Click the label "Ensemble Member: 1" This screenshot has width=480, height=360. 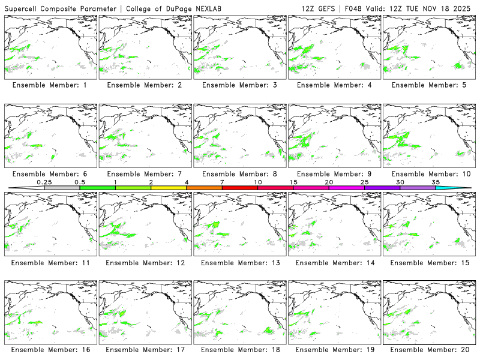pos(50,85)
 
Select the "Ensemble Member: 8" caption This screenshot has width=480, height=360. pos(239,174)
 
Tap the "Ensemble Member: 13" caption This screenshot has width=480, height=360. pos(239,263)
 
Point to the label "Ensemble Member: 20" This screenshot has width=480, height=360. pos(429,350)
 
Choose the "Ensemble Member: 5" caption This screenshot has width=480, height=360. pos(429,85)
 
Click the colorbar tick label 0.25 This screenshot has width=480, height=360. pos(44,182)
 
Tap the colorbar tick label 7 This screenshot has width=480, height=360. pos(222,182)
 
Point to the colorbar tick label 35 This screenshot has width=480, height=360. pos(436,182)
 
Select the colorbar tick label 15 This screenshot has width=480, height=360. pos(293,182)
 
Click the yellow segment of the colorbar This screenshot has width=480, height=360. pos(169,188)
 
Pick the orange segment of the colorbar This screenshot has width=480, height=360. pos(204,188)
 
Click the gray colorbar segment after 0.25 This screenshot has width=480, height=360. pos(62,188)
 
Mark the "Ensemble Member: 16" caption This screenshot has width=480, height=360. pos(50,350)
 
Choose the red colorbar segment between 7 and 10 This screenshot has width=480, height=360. pos(240,188)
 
